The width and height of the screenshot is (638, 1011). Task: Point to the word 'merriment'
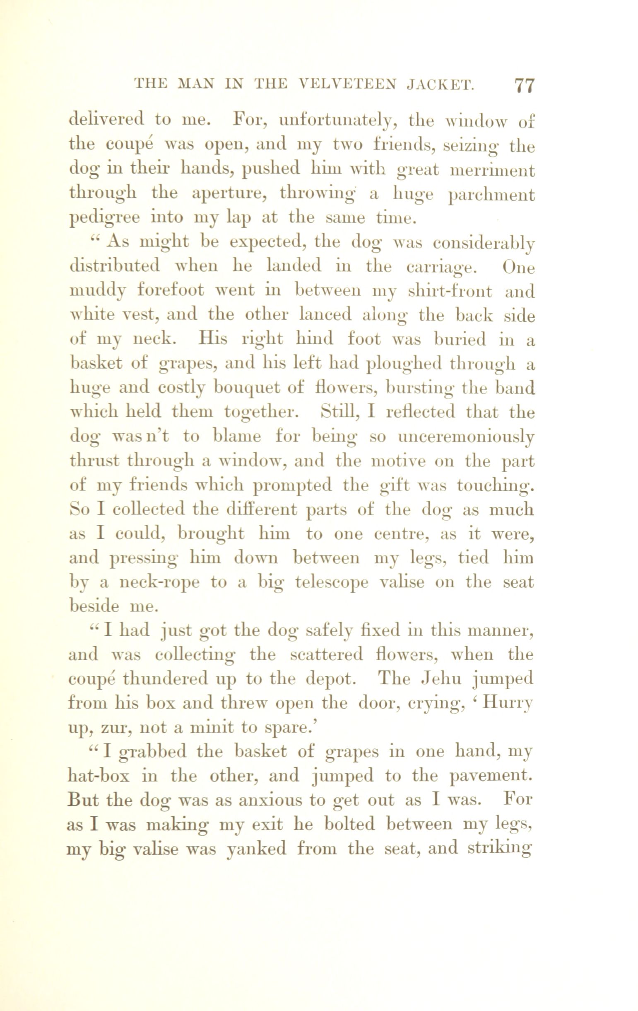[x=492, y=171]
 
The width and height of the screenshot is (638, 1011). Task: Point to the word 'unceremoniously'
[x=466, y=437]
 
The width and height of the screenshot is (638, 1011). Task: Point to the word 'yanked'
[x=256, y=849]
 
